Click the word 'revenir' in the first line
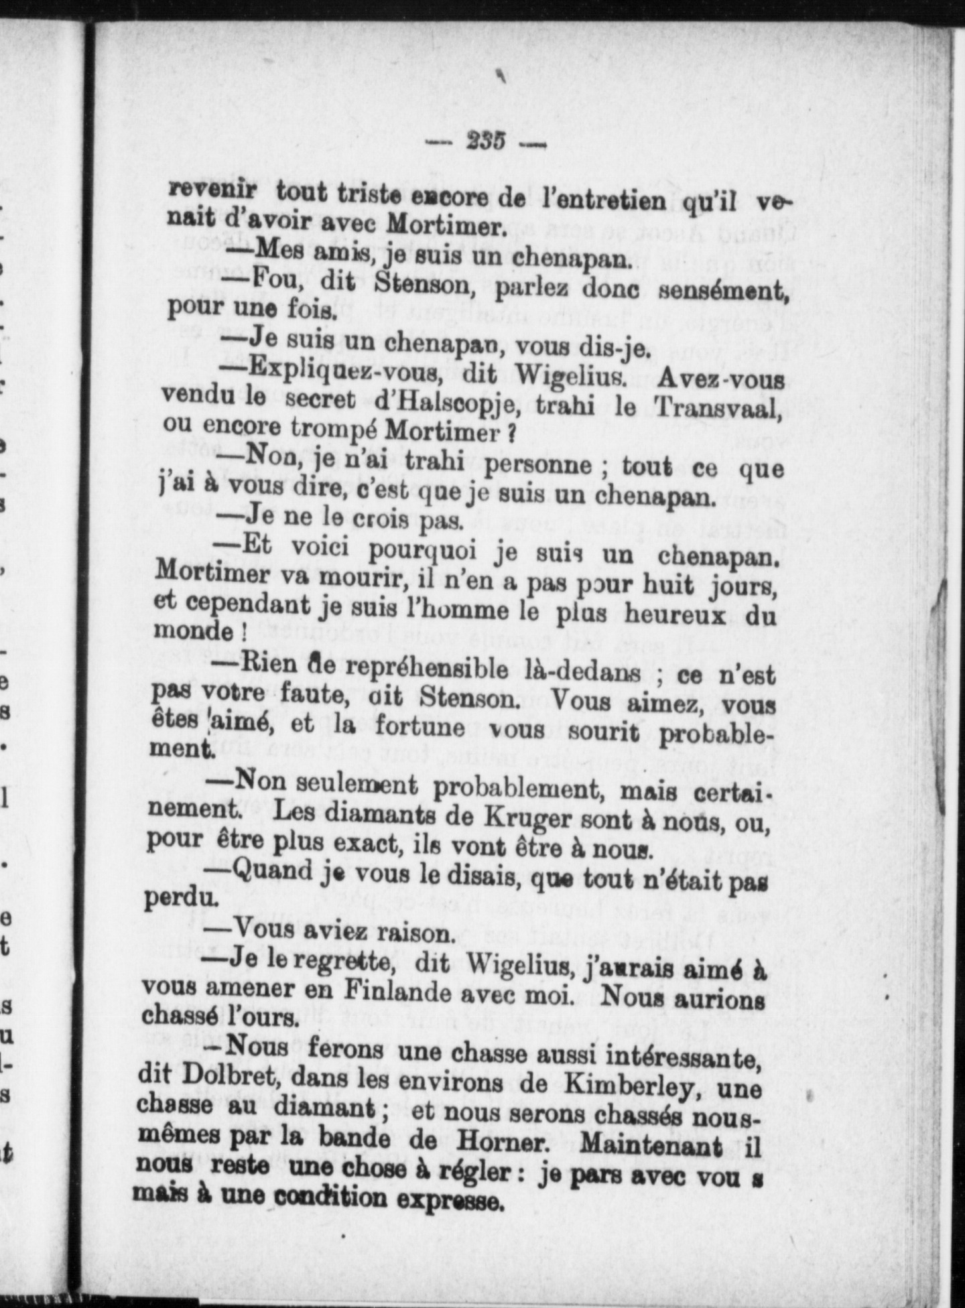pyautogui.click(x=212, y=190)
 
